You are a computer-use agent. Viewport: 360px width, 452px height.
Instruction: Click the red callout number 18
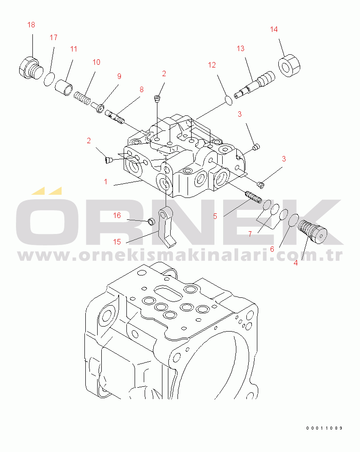31,25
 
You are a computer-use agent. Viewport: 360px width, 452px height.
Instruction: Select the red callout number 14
274,29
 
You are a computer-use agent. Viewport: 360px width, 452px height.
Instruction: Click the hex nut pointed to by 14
289,65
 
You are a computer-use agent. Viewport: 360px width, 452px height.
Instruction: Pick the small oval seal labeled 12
228,101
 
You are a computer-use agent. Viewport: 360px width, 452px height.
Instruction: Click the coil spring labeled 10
83,99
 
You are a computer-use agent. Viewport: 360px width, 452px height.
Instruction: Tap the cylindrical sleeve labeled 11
64,87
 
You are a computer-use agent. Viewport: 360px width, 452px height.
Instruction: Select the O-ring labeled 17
49,79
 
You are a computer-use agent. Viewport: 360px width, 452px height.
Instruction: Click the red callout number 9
119,76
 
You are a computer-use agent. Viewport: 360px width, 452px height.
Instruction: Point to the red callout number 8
141,89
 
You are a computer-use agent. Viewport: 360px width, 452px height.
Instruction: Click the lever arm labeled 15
167,228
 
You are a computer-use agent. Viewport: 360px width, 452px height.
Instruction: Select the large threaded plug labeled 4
312,231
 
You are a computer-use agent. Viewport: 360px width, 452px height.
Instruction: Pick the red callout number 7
250,234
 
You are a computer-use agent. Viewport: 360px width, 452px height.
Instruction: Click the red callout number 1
106,182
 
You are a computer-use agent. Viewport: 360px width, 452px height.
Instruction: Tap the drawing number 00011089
324,428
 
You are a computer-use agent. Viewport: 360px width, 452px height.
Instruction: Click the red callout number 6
272,249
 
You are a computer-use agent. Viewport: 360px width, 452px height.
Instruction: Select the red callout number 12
212,65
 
